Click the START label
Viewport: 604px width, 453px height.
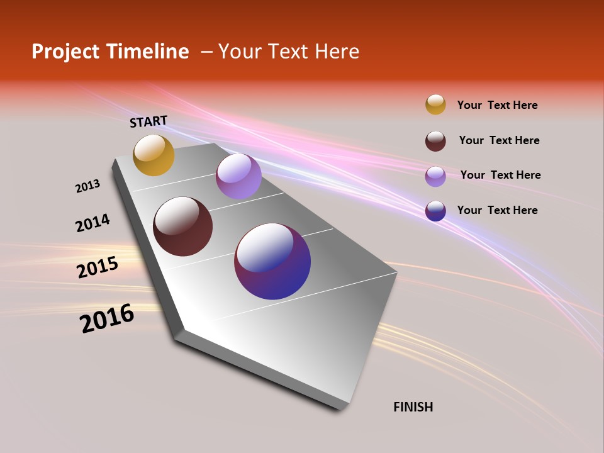[148, 121]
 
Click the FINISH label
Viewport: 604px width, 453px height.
[413, 407]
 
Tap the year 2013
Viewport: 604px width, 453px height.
[87, 186]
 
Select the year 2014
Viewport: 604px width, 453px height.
[92, 223]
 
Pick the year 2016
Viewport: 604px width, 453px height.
[107, 318]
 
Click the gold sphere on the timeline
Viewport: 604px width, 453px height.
[154, 155]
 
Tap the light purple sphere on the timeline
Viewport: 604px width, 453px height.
[238, 176]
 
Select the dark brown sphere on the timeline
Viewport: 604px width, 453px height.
[182, 226]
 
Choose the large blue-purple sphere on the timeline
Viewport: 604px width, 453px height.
[272, 261]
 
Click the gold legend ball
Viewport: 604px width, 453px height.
[435, 104]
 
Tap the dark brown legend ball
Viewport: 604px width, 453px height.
[435, 141]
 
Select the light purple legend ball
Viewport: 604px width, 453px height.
[435, 176]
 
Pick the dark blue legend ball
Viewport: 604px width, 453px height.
[435, 211]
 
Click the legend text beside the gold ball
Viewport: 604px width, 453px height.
[497, 105]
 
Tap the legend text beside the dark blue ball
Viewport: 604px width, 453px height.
[497, 210]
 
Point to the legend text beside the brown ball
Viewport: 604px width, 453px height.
[499, 140]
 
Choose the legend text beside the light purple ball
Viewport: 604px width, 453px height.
[500, 175]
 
